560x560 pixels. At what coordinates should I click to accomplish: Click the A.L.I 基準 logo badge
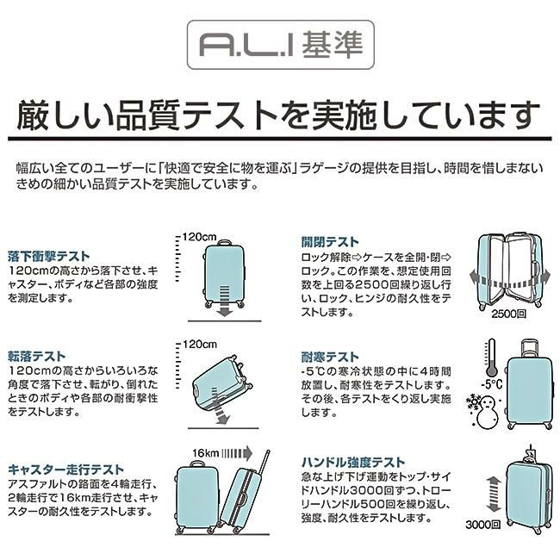(280, 43)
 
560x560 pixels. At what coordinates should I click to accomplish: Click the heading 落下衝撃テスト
(47, 256)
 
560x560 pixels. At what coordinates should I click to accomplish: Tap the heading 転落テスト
(37, 355)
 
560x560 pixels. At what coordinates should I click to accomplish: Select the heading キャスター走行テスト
(65, 470)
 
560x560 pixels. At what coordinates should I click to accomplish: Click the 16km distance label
(208, 452)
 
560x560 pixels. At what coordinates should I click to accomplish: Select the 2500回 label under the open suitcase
(508, 316)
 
